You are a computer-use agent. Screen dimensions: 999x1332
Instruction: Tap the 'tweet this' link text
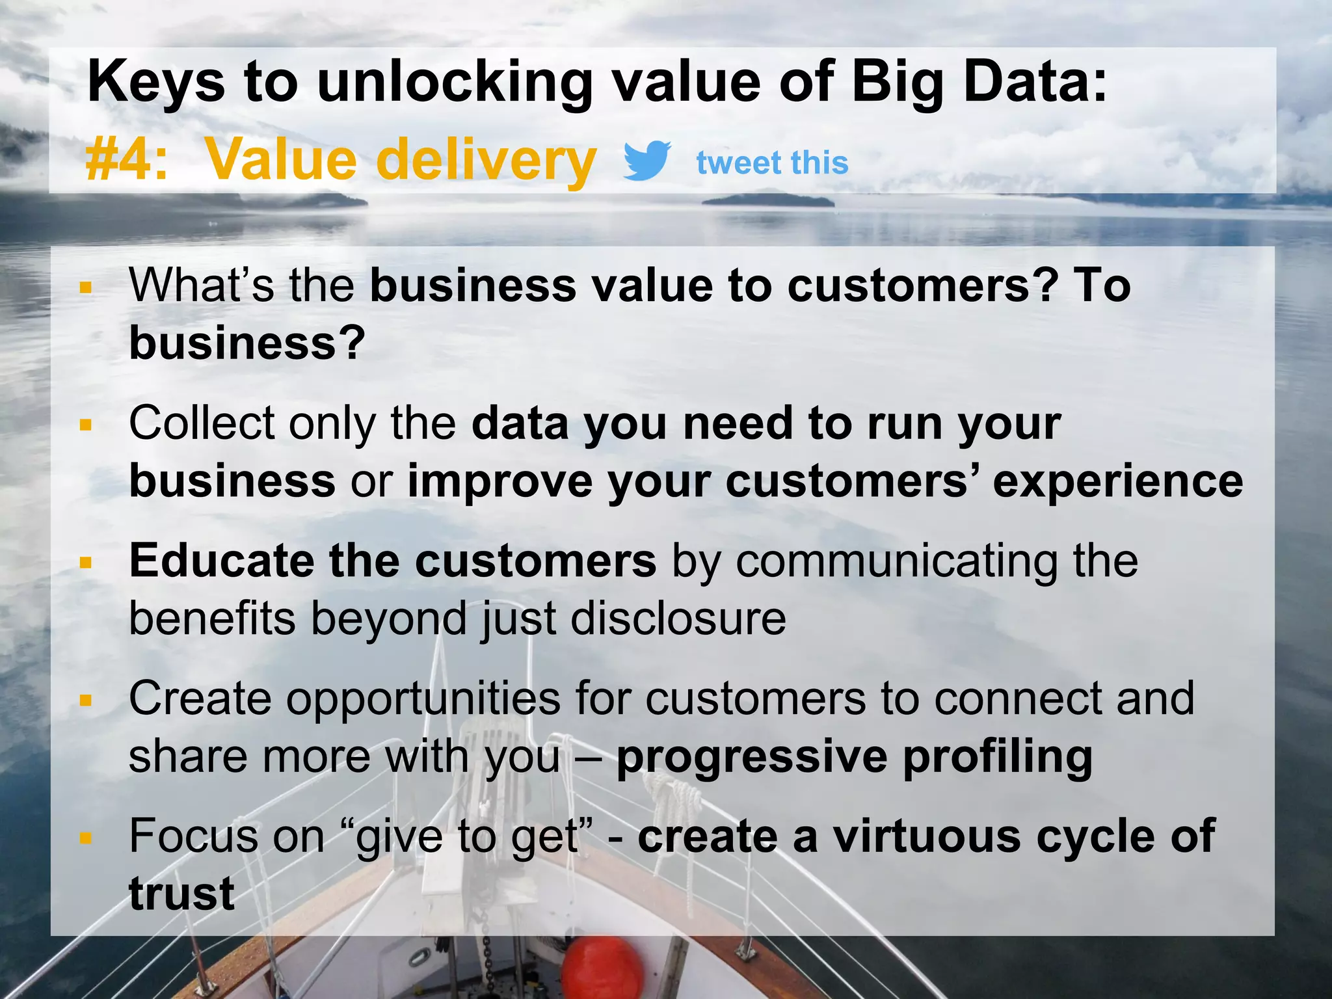[772, 162]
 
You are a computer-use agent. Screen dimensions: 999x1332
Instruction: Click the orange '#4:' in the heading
[127, 160]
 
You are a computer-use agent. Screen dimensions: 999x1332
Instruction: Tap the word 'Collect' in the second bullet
[202, 423]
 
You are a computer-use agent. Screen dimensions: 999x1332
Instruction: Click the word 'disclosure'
[678, 619]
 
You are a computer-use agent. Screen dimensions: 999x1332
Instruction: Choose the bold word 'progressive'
[752, 756]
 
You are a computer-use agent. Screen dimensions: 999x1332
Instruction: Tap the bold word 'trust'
[181, 894]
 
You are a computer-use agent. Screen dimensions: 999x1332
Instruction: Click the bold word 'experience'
[1118, 481]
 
